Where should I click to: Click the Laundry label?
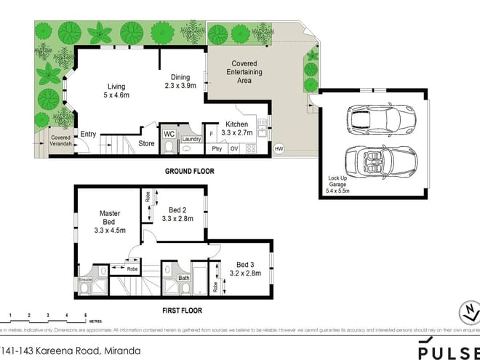pyautogui.click(x=191, y=139)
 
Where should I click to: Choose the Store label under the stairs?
pyautogui.click(x=147, y=143)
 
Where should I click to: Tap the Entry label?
pyautogui.click(x=88, y=134)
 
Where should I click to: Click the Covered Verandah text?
pyautogui.click(x=59, y=140)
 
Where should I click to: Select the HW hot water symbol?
pyautogui.click(x=279, y=149)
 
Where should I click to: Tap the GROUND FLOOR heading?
pyautogui.click(x=191, y=172)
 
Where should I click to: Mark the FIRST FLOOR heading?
pyautogui.click(x=182, y=311)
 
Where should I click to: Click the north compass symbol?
pyautogui.click(x=466, y=313)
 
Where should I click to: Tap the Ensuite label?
pyautogui.click(x=85, y=279)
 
